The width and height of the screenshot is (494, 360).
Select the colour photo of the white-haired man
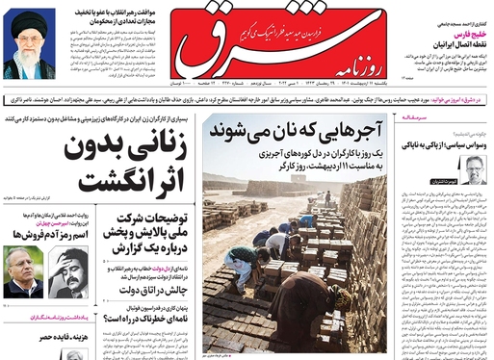pyautogui.click(x=22, y=272)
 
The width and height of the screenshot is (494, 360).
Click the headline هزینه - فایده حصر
pyautogui.click(x=40, y=337)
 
